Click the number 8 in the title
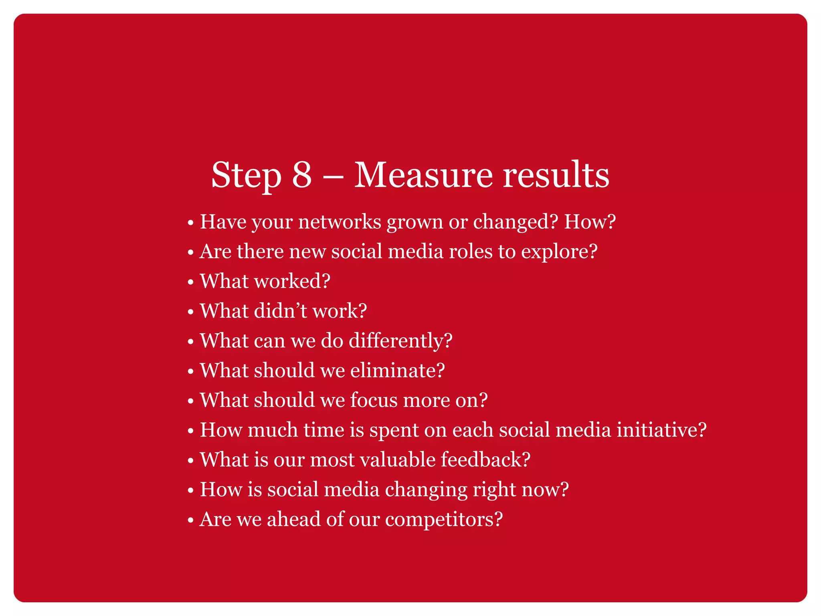point(301,175)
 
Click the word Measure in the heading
point(423,175)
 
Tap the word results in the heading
point(556,175)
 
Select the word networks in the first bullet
point(340,222)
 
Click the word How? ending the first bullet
point(590,222)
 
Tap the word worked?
point(292,281)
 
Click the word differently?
point(400,341)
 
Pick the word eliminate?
point(397,371)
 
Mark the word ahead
point(294,519)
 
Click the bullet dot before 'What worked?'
point(191,282)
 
